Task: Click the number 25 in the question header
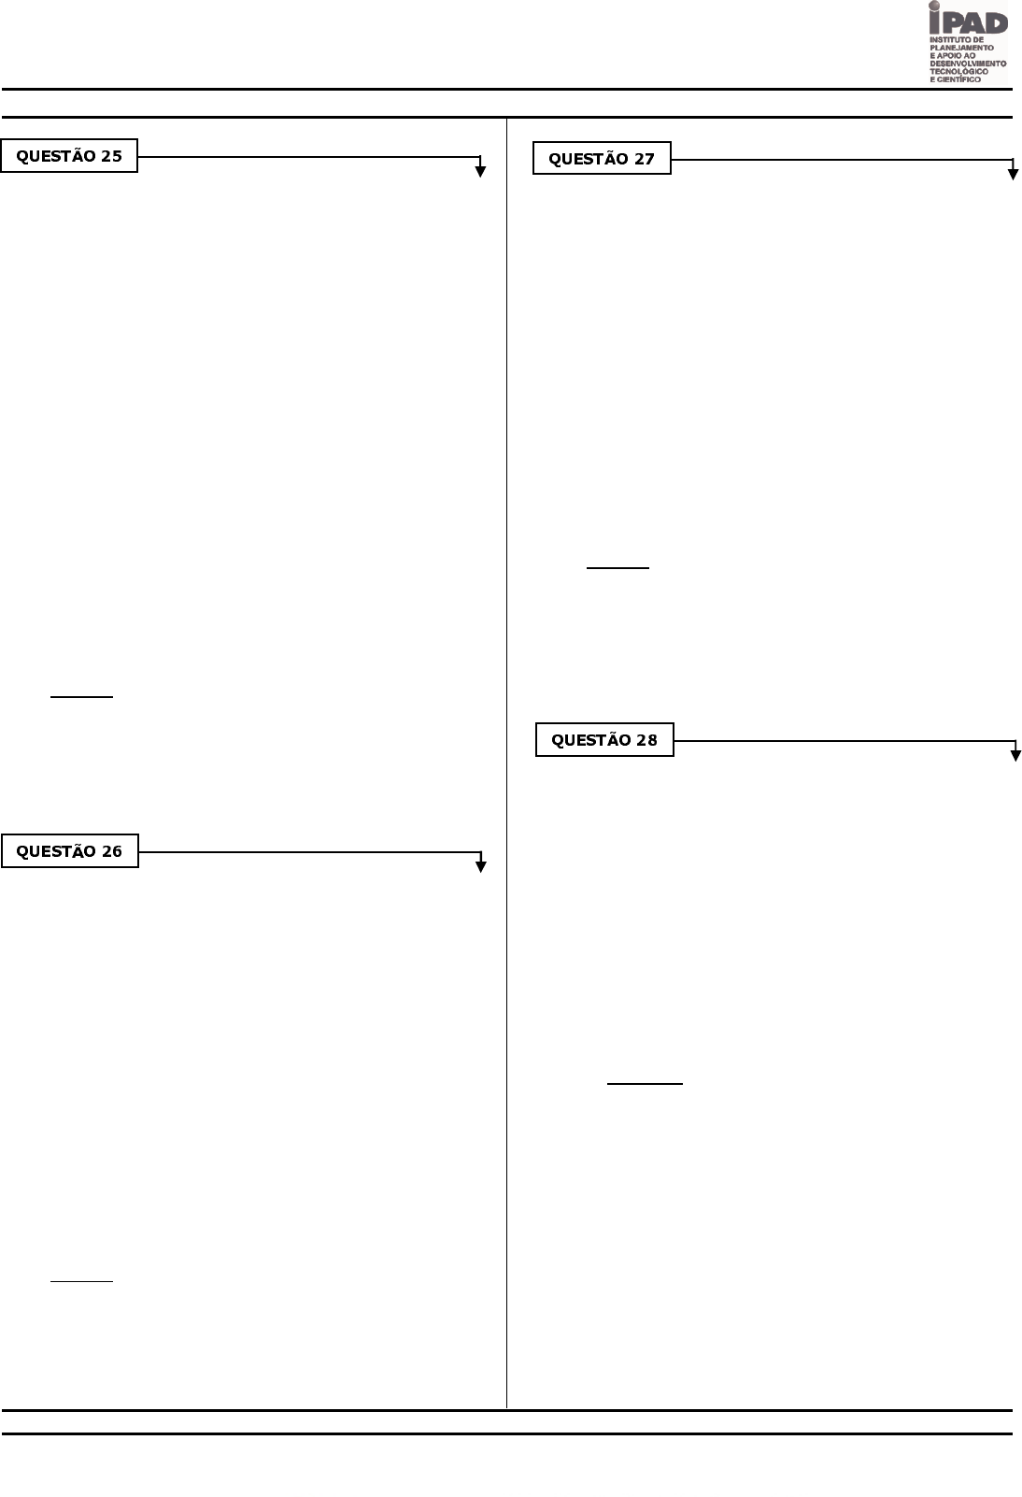(x=111, y=156)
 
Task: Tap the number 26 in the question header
(x=111, y=851)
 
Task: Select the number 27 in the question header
(x=644, y=159)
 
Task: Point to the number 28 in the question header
(x=646, y=740)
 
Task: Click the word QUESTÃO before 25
(x=56, y=156)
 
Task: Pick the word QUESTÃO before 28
(x=591, y=740)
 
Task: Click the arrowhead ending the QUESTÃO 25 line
(x=480, y=171)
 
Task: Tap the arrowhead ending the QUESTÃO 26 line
(x=481, y=866)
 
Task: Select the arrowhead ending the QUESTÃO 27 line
(x=1013, y=174)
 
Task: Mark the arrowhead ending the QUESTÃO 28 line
(x=1015, y=755)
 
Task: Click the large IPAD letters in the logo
(x=972, y=21)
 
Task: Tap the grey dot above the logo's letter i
(x=934, y=7)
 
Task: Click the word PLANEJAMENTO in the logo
(x=962, y=48)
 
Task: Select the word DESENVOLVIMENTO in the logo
(x=968, y=64)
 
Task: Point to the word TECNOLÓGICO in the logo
(x=958, y=71)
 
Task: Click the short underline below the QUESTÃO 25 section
(x=81, y=697)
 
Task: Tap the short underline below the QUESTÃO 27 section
(x=617, y=567)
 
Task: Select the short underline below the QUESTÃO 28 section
(x=645, y=1084)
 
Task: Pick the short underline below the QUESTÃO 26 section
(x=81, y=1280)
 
